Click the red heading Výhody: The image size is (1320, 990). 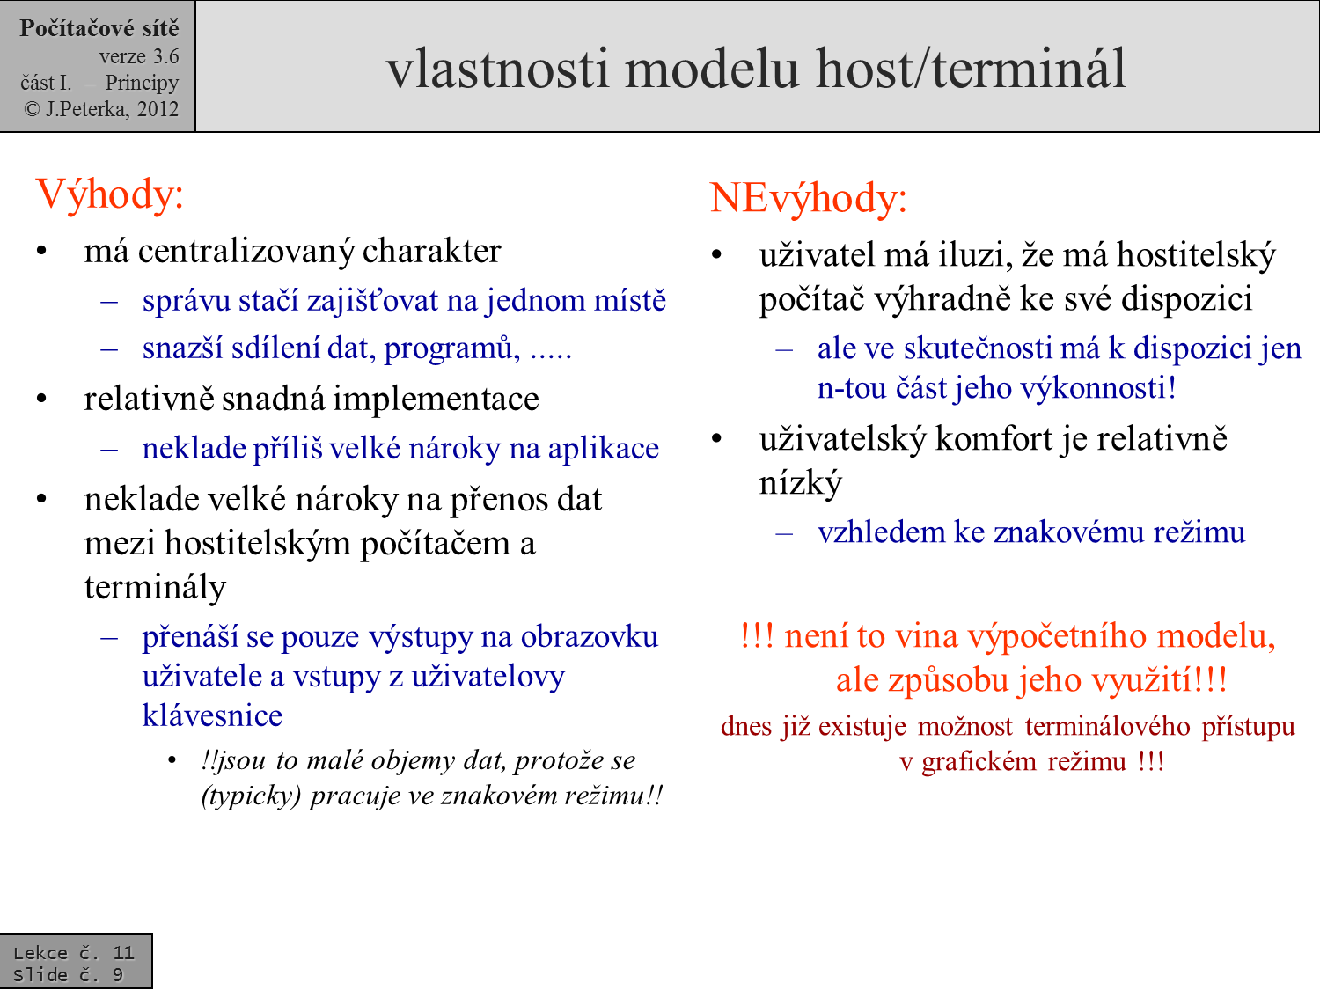point(109,194)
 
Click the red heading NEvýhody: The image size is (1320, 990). point(808,198)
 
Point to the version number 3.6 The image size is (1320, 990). point(165,56)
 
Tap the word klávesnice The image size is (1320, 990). point(212,715)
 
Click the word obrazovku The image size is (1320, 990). point(589,636)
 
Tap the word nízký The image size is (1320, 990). point(800,483)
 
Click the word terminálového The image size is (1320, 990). point(1107,727)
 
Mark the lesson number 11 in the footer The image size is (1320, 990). point(123,952)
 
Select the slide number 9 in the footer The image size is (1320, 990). point(118,974)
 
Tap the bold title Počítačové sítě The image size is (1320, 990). point(99,29)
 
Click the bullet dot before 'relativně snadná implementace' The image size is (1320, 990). point(41,399)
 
